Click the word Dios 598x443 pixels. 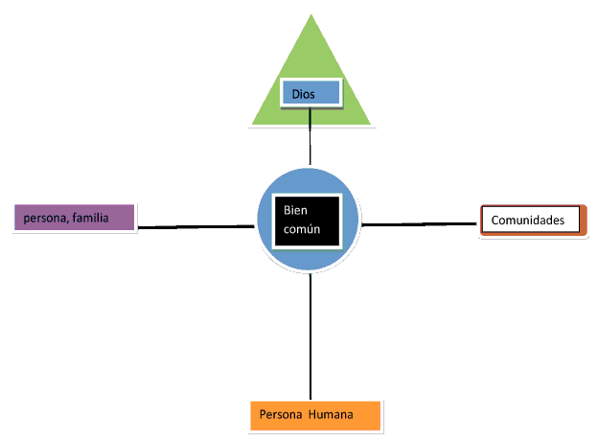click(x=303, y=94)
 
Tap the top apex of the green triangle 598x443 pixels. click(x=311, y=14)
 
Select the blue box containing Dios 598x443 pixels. click(x=310, y=93)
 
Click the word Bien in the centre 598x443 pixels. click(x=295, y=210)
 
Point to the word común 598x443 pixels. click(x=302, y=229)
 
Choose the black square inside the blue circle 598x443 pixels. click(x=307, y=221)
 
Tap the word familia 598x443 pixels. click(x=90, y=218)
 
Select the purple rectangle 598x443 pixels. click(x=75, y=218)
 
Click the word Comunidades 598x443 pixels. click(x=528, y=221)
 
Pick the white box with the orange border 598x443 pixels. click(x=533, y=221)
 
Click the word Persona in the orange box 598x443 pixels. click(x=281, y=414)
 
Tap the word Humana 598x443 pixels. click(x=331, y=414)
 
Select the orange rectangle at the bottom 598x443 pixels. click(x=315, y=415)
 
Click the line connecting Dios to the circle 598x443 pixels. click(x=310, y=136)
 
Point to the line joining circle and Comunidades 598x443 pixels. click(x=419, y=224)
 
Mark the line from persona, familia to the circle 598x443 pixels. click(x=196, y=227)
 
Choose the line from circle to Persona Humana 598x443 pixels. click(x=310, y=337)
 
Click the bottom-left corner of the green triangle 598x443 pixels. click(x=252, y=125)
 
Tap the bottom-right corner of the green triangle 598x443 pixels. click(x=371, y=125)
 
